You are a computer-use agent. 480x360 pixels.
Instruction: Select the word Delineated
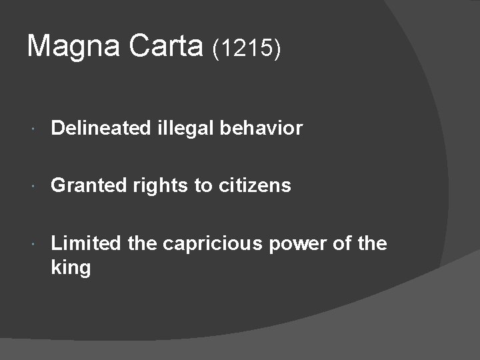[x=101, y=128]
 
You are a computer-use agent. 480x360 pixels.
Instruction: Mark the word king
[x=71, y=269]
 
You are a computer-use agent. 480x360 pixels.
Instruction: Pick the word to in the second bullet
[x=203, y=185]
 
